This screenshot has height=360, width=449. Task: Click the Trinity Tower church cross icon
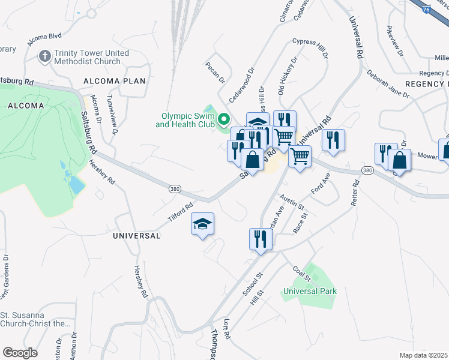44,57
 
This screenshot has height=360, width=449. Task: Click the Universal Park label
310,291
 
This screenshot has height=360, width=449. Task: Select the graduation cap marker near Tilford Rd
202,224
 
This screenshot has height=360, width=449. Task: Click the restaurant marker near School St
260,239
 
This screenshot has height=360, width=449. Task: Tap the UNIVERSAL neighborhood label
137,236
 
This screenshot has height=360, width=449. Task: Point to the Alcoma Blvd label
44,40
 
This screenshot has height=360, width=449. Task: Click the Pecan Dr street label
214,71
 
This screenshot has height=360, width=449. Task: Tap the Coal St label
302,273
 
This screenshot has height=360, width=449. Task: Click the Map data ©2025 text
424,355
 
